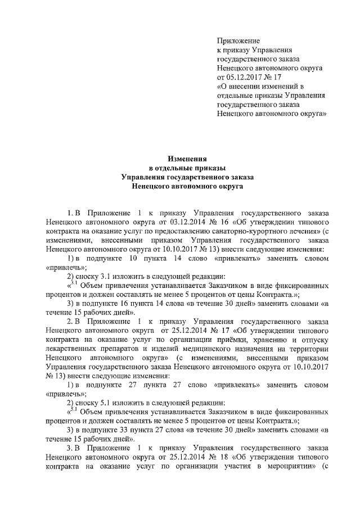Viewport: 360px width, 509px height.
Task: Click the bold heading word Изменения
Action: click(180, 159)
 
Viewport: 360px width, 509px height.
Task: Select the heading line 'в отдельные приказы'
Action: click(180, 168)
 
